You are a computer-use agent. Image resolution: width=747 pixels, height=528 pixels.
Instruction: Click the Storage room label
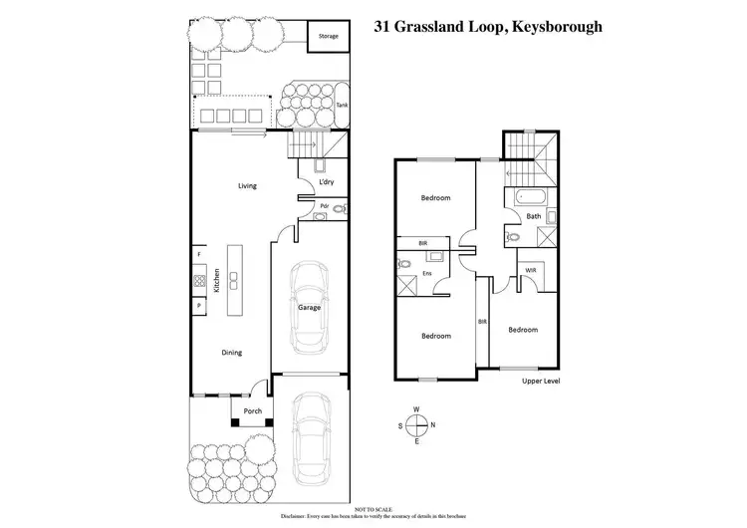click(x=328, y=37)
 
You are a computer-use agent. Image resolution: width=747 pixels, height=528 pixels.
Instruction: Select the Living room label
click(x=247, y=185)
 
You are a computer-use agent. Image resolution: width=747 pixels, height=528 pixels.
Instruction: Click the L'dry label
click(x=325, y=182)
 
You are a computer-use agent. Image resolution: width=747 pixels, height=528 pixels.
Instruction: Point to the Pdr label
click(x=324, y=206)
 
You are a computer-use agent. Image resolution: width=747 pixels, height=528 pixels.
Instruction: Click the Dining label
click(x=231, y=352)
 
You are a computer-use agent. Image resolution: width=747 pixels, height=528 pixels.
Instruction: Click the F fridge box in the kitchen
click(x=199, y=254)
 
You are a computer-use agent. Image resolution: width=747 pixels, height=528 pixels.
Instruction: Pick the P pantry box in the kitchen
click(x=199, y=305)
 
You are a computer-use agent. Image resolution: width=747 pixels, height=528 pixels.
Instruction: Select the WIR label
click(x=530, y=270)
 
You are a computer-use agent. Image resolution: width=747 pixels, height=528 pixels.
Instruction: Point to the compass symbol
click(x=416, y=425)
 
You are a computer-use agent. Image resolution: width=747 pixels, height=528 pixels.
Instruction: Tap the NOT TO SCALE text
click(x=373, y=508)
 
